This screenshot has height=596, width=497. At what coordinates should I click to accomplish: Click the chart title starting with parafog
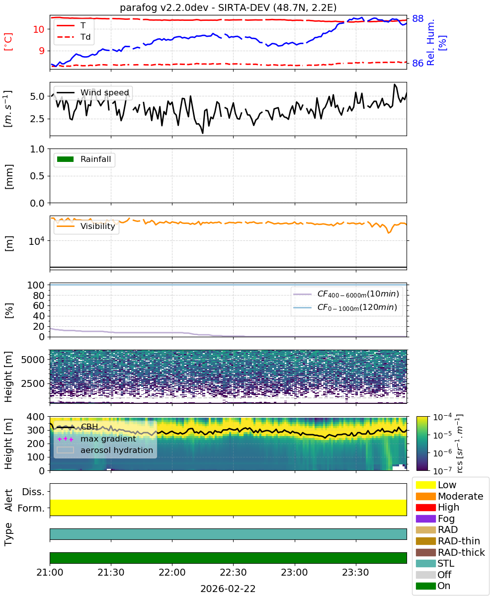[228, 7]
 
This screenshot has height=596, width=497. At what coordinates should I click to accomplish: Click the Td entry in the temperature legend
[74, 37]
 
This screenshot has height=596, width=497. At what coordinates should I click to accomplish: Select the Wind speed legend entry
[93, 92]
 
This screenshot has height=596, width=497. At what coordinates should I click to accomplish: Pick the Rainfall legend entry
[83, 159]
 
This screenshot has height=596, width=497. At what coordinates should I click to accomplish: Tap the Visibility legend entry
[85, 226]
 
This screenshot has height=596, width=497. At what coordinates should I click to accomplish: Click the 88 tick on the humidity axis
[417, 18]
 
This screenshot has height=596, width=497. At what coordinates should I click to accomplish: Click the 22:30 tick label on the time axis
[233, 572]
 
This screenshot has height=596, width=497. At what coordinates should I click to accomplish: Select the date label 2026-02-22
[228, 589]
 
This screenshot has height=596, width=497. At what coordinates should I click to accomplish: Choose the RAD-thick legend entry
[450, 552]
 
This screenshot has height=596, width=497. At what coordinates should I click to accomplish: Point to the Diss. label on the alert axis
[33, 492]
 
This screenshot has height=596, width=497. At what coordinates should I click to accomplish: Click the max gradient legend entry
[97, 439]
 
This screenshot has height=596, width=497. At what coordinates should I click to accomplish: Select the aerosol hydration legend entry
[105, 450]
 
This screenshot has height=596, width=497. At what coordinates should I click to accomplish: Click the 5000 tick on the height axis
[33, 360]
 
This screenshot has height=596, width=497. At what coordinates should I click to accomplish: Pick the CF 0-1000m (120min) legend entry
[345, 307]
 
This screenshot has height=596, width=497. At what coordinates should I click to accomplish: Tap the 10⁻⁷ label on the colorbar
[442, 470]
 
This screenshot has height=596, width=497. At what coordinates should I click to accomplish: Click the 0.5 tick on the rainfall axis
[37, 176]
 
